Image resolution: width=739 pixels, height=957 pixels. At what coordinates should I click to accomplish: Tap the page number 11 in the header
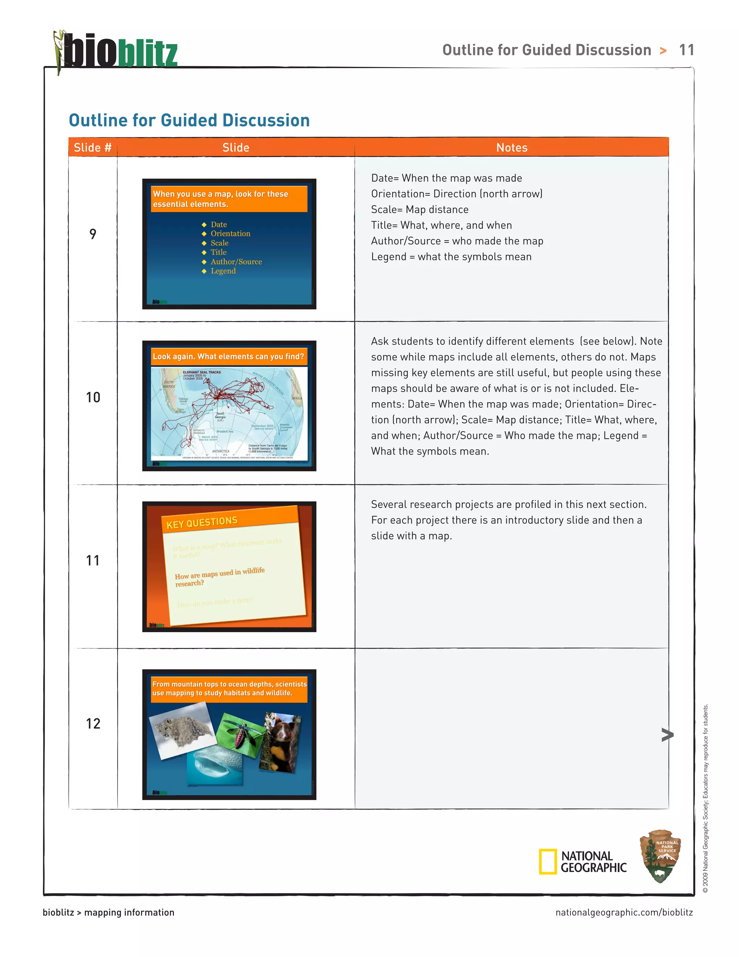click(686, 50)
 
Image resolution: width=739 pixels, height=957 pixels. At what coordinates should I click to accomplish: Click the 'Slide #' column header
click(92, 148)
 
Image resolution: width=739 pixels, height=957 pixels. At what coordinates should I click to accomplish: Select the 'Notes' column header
click(511, 148)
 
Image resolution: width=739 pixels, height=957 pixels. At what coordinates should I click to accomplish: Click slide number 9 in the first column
click(93, 234)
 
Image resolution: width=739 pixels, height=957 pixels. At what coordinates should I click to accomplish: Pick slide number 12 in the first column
click(93, 723)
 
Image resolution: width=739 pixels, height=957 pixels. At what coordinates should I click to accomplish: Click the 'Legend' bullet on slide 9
click(223, 271)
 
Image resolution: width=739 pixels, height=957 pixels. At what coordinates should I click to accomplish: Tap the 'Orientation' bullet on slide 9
click(230, 234)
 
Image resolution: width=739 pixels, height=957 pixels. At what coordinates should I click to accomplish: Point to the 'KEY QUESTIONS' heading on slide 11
click(202, 522)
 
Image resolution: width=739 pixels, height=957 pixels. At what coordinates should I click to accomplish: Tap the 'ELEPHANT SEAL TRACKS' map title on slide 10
click(201, 372)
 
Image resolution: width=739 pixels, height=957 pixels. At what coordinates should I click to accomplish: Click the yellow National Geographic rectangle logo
click(547, 861)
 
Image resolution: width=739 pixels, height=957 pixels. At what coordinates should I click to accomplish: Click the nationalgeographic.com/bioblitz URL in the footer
click(624, 912)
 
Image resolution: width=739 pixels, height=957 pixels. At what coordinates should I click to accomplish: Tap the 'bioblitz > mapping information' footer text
click(108, 912)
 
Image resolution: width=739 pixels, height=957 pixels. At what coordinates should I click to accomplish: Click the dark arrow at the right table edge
click(667, 735)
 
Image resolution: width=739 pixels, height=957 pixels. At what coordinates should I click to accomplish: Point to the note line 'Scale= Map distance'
click(419, 209)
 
